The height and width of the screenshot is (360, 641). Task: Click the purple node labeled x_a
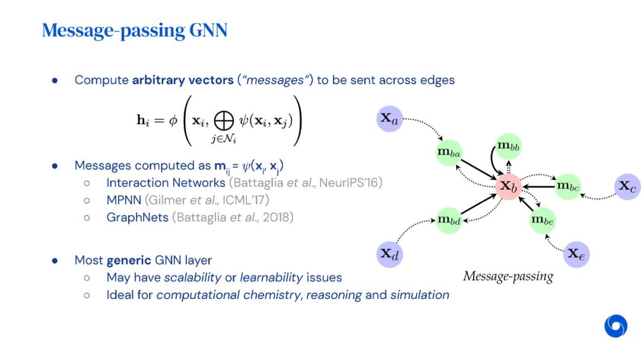point(390,119)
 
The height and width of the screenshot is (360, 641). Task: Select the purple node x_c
point(627,186)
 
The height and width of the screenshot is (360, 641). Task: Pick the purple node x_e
point(576,254)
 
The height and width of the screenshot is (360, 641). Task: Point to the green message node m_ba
point(449,152)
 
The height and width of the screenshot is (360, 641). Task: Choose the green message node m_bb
point(509,145)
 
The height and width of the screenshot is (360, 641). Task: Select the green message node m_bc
point(567,186)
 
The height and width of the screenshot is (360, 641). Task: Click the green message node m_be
point(542,220)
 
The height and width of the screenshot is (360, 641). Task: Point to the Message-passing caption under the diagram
point(508,276)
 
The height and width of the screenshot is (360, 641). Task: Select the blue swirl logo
point(615,326)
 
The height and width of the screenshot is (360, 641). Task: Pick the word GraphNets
point(137,217)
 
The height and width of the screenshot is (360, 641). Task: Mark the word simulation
point(420,294)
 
